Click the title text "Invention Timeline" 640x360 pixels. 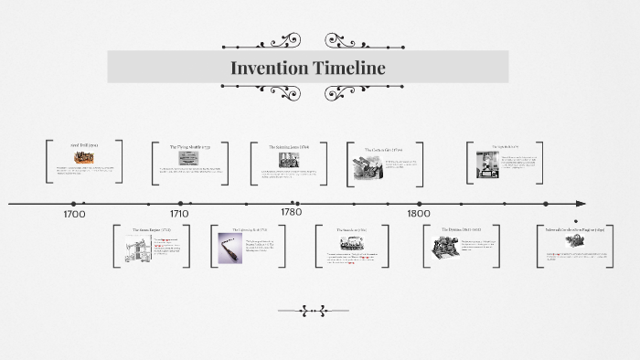pyautogui.click(x=307, y=68)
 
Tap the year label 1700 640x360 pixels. pyautogui.click(x=74, y=214)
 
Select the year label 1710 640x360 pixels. pyautogui.click(x=179, y=214)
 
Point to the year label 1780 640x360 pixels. pyautogui.click(x=291, y=212)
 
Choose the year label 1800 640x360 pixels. pyautogui.click(x=419, y=214)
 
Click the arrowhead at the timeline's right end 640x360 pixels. pyautogui.click(x=581, y=203)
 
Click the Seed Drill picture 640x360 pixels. pyautogui.click(x=83, y=157)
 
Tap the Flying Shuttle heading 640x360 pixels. pyautogui.click(x=189, y=146)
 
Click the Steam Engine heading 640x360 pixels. pyautogui.click(x=151, y=229)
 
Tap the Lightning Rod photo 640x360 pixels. pyautogui.click(x=229, y=248)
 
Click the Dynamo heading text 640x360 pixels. pyautogui.click(x=460, y=229)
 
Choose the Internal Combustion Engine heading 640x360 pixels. pyautogui.click(x=575, y=229)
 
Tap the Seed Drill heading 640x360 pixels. pyautogui.click(x=84, y=145)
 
